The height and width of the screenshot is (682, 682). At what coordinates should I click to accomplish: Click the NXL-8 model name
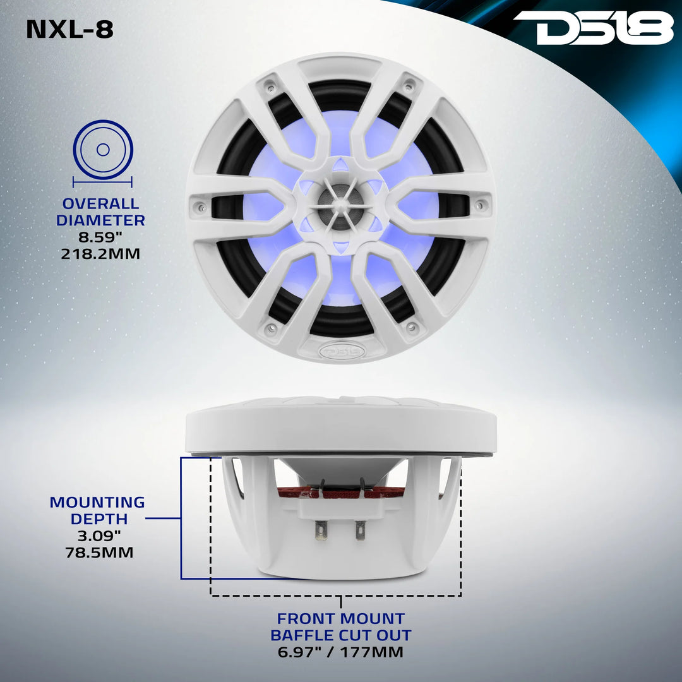(x=69, y=30)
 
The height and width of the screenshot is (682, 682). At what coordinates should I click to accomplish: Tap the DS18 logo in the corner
(x=594, y=28)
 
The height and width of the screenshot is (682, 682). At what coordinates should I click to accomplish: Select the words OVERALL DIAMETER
(x=100, y=212)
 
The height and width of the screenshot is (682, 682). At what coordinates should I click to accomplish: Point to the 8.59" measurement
(x=100, y=238)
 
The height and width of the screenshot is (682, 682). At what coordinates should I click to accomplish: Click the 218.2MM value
(x=100, y=254)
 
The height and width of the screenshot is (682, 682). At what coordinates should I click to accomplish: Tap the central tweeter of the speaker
(x=340, y=206)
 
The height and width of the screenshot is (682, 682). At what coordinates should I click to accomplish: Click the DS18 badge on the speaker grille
(x=341, y=349)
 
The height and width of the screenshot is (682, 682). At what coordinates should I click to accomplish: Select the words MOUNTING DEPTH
(x=97, y=511)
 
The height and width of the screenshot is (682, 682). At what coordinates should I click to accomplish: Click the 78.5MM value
(x=100, y=553)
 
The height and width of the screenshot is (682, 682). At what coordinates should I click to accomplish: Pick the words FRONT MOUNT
(x=341, y=618)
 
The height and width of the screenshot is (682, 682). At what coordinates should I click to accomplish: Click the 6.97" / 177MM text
(x=341, y=652)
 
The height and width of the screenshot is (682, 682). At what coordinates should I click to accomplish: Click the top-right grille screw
(x=410, y=83)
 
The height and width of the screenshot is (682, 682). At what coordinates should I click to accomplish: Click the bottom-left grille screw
(x=272, y=328)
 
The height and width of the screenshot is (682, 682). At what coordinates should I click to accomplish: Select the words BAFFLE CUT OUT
(x=341, y=635)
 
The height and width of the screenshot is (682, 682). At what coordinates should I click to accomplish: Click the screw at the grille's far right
(x=482, y=205)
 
